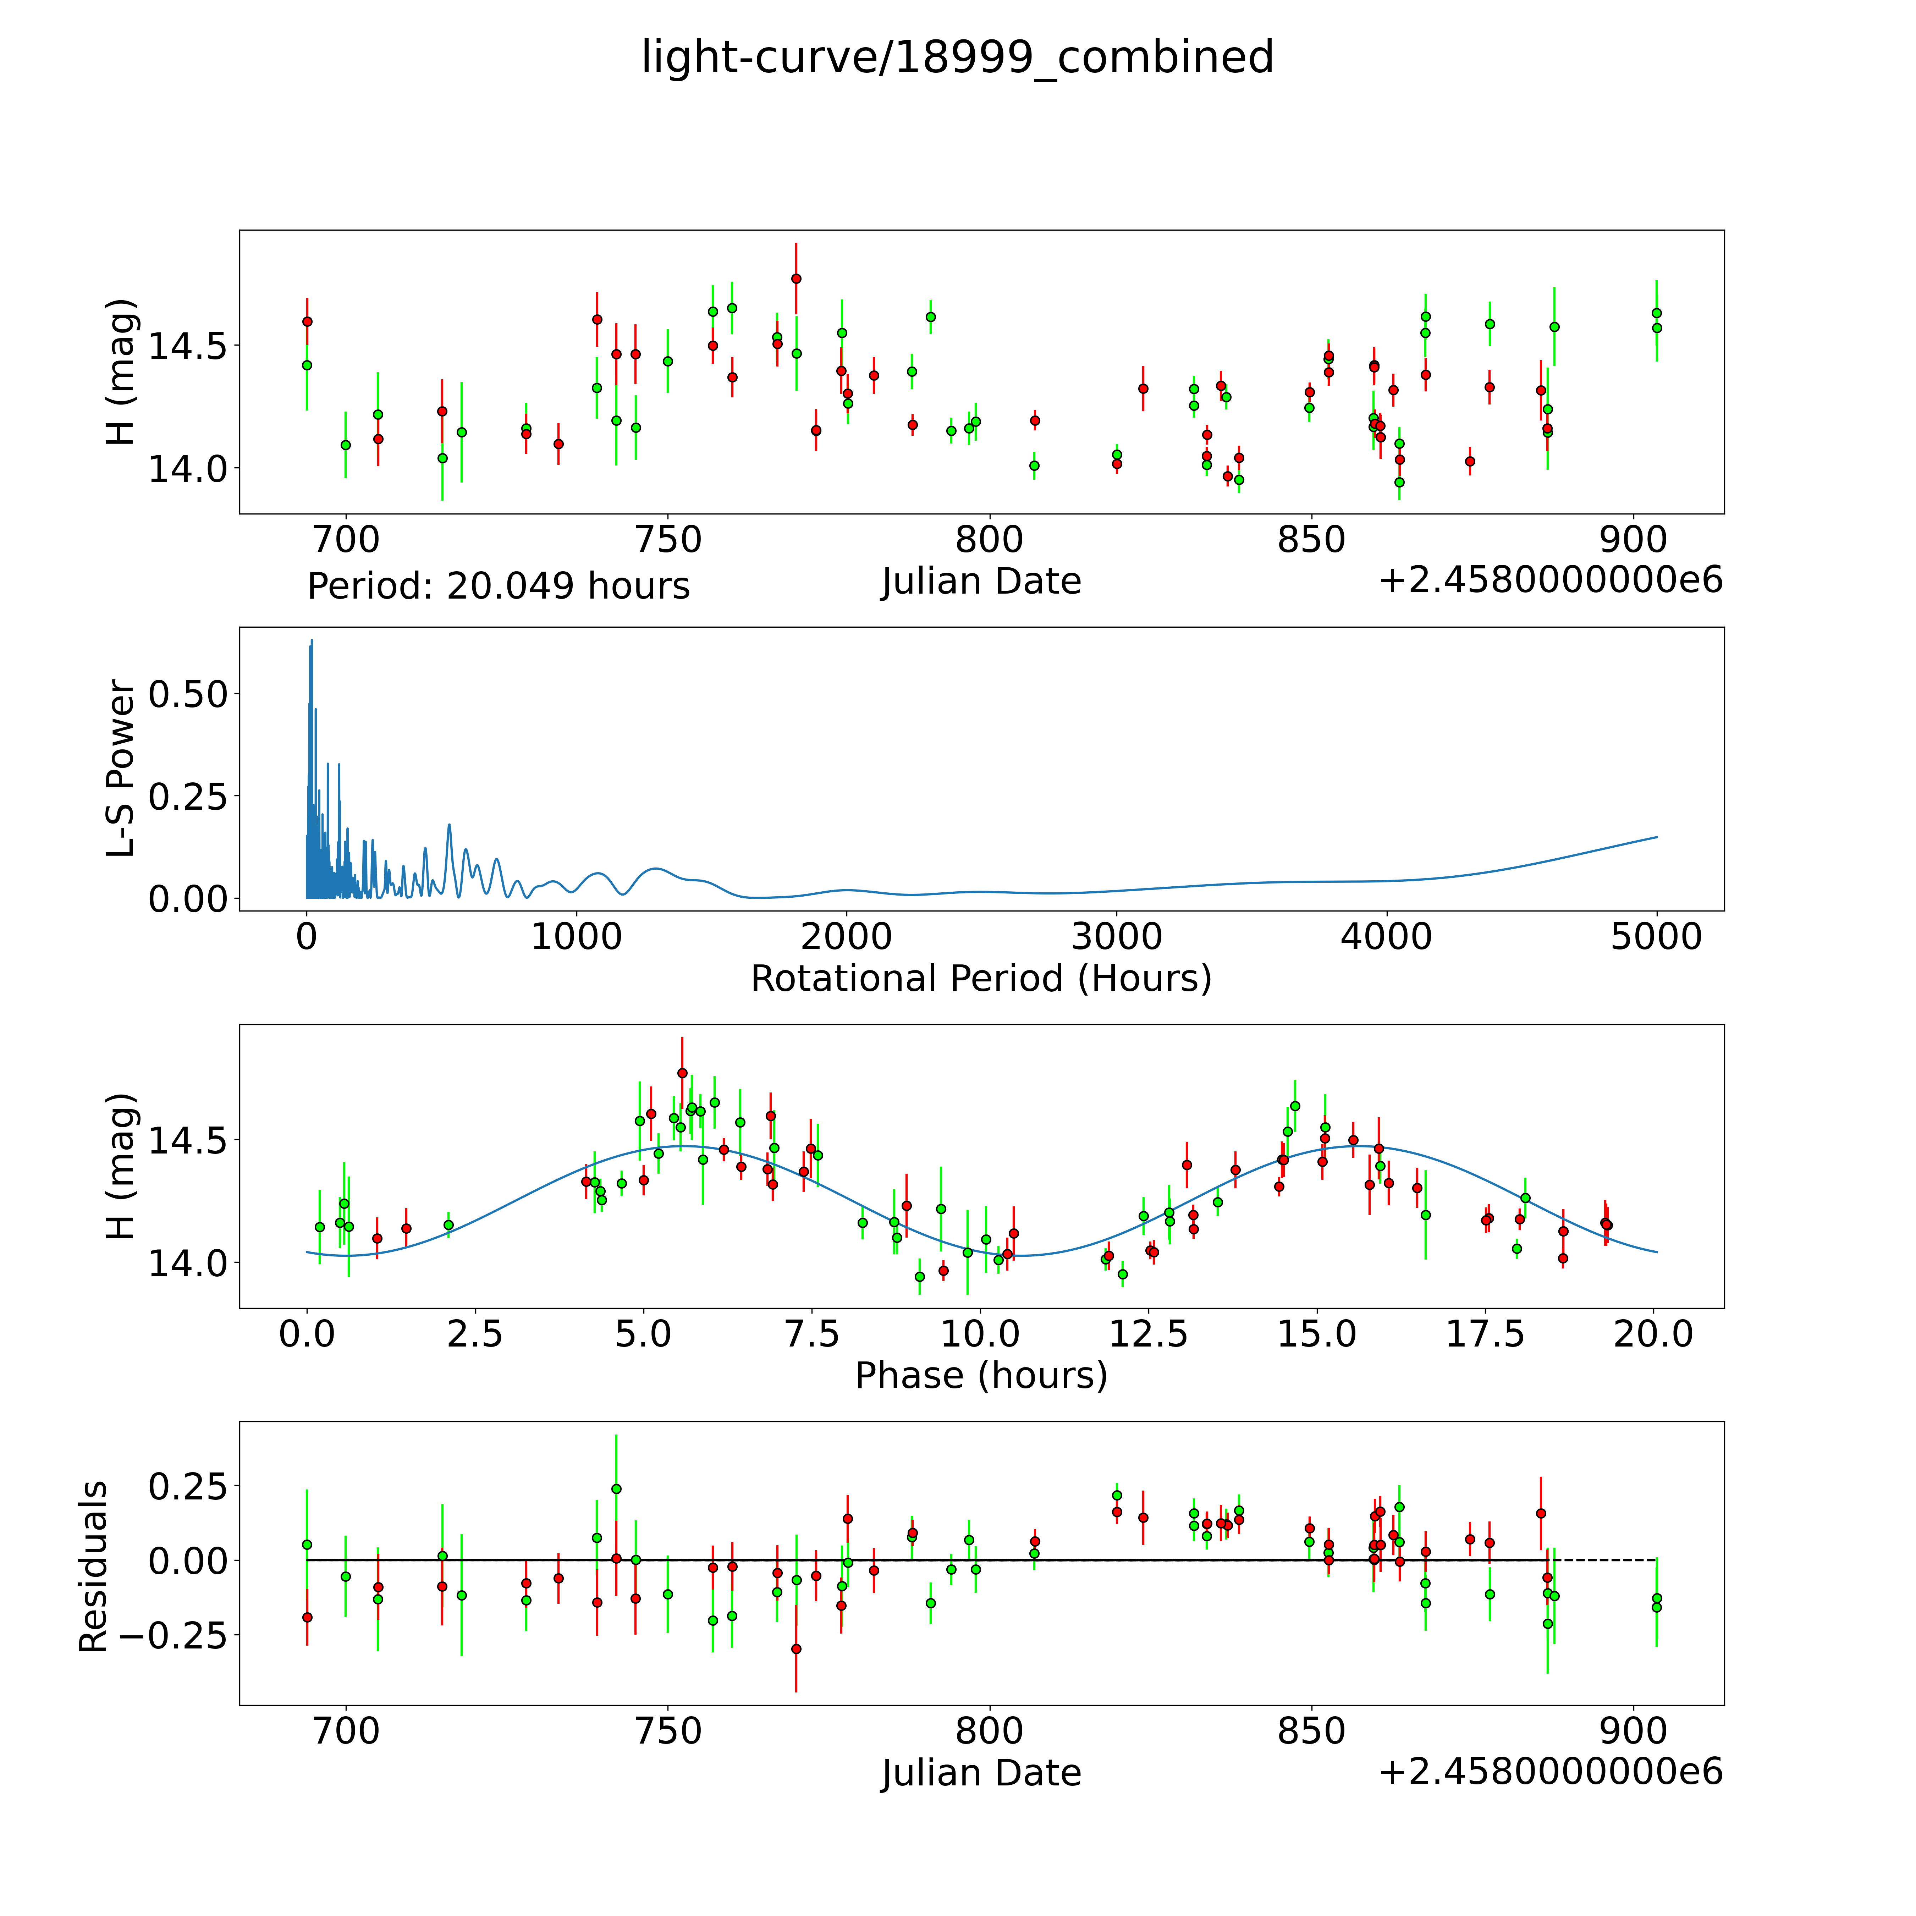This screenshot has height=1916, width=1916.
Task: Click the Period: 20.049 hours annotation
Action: pyautogui.click(x=498, y=586)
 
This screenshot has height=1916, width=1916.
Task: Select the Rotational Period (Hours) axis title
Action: pyautogui.click(x=981, y=979)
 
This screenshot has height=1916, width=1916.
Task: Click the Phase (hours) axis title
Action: pyautogui.click(x=981, y=1376)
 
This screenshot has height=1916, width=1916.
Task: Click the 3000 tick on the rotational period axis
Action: pyautogui.click(x=1117, y=936)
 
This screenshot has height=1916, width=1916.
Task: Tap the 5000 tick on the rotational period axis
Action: pyautogui.click(x=1656, y=936)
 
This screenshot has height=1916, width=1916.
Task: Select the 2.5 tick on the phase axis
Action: pyautogui.click(x=475, y=1334)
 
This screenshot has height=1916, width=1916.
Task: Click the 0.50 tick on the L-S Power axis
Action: pyautogui.click(x=188, y=694)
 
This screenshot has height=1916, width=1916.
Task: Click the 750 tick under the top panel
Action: pyautogui.click(x=667, y=540)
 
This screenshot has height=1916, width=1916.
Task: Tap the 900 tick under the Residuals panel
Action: pyautogui.click(x=1633, y=1730)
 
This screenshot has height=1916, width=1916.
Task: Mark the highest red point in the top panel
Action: pyautogui.click(x=796, y=279)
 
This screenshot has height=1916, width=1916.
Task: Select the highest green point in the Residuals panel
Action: pyautogui.click(x=616, y=1488)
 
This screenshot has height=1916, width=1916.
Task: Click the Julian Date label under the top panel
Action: pyautogui.click(x=981, y=581)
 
